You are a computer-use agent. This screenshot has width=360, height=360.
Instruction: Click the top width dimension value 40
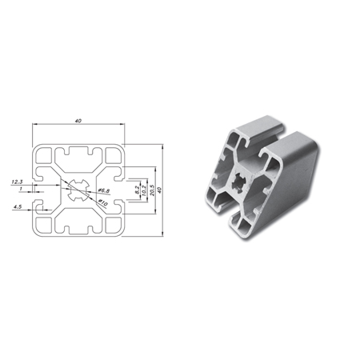[x=78, y=121]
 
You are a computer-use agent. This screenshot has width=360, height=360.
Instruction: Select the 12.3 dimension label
[x=16, y=182]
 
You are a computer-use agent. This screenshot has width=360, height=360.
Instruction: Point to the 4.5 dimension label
[x=17, y=206]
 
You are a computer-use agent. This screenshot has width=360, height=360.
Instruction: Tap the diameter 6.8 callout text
[x=102, y=191]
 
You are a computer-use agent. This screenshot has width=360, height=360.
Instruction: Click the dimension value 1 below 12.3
[x=20, y=189]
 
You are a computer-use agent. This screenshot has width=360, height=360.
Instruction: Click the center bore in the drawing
[x=78, y=191]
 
